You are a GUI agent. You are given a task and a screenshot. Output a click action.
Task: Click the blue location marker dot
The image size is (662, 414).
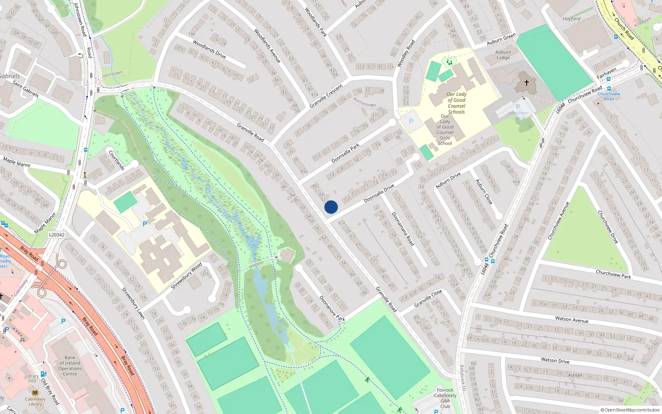tap(331, 207)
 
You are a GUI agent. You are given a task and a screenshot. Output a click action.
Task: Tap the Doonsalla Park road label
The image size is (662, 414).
tap(345, 154)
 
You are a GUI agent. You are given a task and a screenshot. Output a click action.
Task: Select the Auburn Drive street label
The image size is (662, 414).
tap(448, 181)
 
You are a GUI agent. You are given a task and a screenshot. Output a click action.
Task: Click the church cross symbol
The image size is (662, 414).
tap(527, 82)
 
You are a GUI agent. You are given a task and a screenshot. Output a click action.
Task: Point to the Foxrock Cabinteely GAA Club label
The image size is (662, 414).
tap(445, 398)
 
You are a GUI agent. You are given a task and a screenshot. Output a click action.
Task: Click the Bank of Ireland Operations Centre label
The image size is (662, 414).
tap(70, 366)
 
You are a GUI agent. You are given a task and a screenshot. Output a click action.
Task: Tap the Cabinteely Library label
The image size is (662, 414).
tap(35, 402)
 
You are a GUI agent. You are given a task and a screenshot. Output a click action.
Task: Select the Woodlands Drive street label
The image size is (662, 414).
tap(209, 49)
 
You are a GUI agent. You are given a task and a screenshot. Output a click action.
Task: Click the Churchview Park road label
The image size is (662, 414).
tap(613, 274)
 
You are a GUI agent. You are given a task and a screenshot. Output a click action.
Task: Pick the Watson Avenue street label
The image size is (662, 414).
tap(572, 319)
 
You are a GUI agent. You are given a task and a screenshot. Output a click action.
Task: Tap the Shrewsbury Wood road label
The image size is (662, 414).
tap(187, 276)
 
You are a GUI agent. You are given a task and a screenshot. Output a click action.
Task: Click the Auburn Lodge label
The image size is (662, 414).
tap(503, 55)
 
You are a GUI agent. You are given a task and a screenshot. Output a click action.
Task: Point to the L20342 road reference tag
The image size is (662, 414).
tap(57, 235)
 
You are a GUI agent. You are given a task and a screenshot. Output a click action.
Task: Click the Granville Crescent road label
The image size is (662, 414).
tap(326, 96)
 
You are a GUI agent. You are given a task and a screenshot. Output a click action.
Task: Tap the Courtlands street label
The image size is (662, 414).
tap(117, 160)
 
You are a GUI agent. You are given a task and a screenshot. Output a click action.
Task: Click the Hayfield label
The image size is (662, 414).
tap(571, 19)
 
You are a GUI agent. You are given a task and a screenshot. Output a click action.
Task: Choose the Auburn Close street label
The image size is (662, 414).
tap(484, 192)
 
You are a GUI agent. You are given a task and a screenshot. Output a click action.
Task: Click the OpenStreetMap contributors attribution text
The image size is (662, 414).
tap(630, 410)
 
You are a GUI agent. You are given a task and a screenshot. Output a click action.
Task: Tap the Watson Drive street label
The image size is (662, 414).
tap(555, 360)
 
